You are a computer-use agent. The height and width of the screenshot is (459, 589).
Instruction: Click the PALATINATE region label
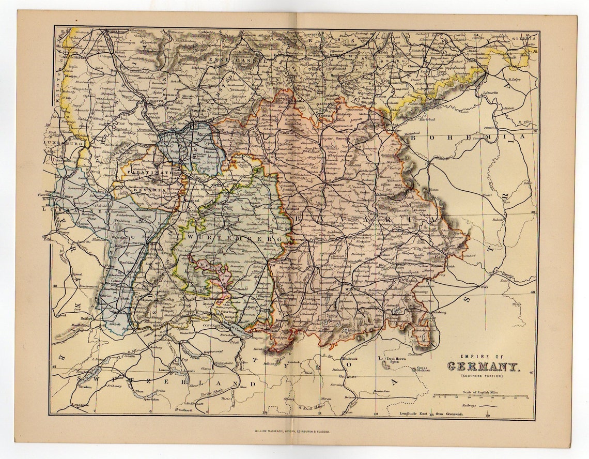click(x=154, y=175)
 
